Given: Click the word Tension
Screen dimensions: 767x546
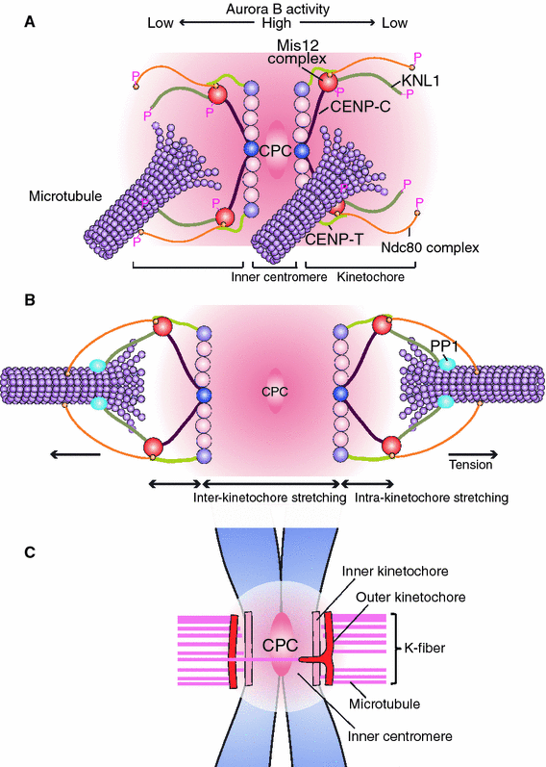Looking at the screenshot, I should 470,464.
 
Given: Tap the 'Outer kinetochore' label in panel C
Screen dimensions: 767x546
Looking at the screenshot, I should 409,598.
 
